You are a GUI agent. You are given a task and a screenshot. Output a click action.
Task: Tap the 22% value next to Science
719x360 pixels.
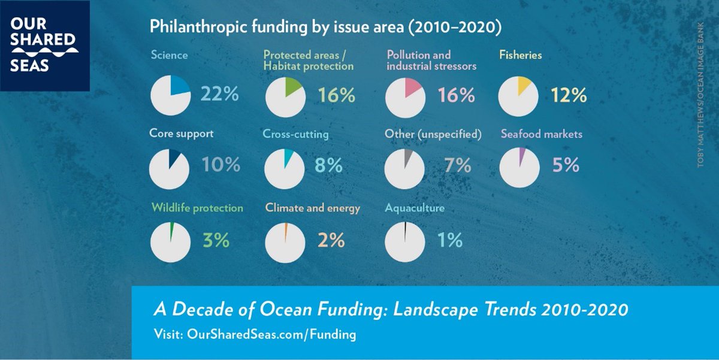(x=220, y=95)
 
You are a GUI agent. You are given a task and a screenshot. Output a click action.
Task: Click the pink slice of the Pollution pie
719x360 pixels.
(x=411, y=87)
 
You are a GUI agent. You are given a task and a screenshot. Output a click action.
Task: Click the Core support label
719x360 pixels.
(x=181, y=134)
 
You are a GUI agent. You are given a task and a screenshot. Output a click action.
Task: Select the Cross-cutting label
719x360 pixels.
(x=295, y=134)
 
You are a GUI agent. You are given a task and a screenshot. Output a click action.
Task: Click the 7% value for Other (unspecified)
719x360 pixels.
(x=458, y=165)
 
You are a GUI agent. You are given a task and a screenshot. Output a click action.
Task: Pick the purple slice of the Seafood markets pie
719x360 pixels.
(x=521, y=157)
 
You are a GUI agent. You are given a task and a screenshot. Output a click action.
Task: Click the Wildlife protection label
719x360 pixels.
(x=197, y=208)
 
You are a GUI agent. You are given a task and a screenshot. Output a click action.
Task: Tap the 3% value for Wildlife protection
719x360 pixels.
(x=216, y=240)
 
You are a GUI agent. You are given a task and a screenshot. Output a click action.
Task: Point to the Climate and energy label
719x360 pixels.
(x=313, y=208)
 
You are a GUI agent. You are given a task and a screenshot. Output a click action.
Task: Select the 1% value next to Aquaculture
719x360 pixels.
(x=449, y=240)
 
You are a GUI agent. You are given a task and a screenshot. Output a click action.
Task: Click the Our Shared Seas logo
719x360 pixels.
(x=45, y=46)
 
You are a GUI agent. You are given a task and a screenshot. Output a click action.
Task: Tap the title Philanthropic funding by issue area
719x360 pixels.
(x=325, y=27)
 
